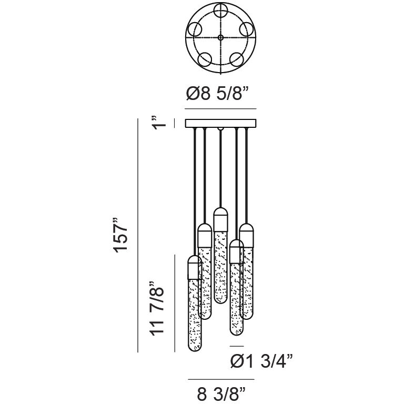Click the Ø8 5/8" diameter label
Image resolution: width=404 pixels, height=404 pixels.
pos(217,93)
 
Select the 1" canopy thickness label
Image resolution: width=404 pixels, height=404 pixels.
pos(159,123)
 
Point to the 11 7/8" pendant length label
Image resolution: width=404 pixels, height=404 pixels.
pos(157,308)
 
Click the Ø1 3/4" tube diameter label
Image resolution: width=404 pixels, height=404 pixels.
pos(261,361)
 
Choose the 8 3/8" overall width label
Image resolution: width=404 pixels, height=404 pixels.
pos(221,393)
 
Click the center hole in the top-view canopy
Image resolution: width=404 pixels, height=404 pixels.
pos(220,38)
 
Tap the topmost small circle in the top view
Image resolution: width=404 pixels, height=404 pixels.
pos(221,11)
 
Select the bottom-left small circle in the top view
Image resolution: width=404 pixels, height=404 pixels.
pos(205,59)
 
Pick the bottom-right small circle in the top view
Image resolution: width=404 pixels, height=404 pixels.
pos(237,59)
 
